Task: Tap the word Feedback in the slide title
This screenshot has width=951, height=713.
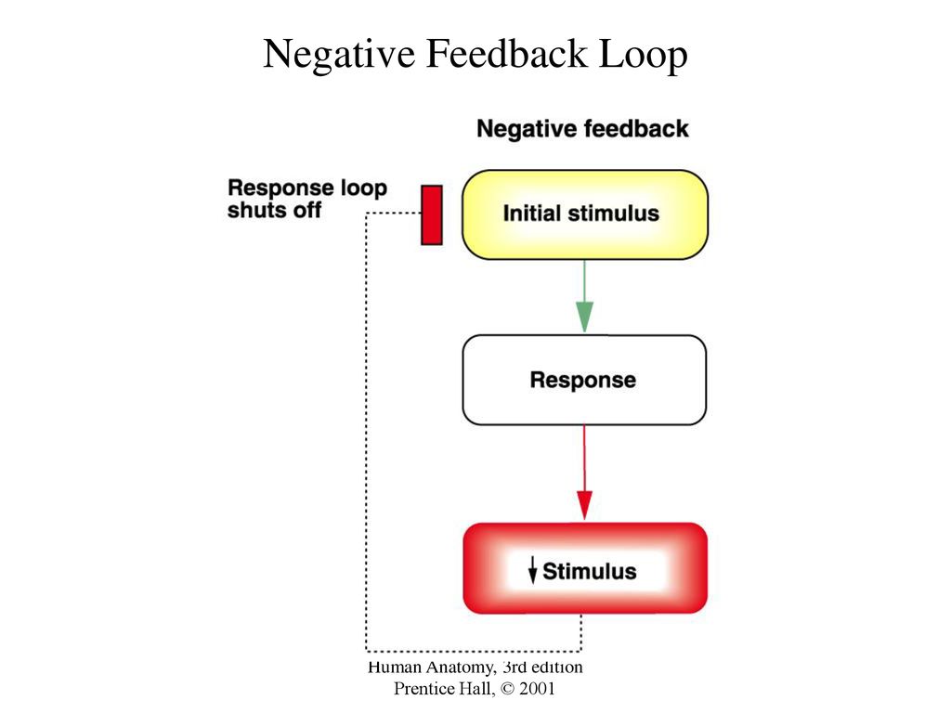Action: coord(507,53)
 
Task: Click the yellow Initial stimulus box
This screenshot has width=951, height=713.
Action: coord(585,214)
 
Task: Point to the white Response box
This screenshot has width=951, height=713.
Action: coord(584,380)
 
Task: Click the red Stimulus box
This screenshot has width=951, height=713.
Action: coord(585,568)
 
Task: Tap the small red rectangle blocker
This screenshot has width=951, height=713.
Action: coord(432,215)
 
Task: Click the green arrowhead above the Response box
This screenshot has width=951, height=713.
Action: coord(584,317)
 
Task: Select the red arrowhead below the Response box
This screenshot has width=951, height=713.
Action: coord(584,505)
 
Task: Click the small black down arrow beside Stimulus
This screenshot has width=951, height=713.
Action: coord(532,570)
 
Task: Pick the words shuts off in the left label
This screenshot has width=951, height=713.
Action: coord(274,210)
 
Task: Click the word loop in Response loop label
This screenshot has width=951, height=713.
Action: coord(364,188)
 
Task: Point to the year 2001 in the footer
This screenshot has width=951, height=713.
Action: coord(537,688)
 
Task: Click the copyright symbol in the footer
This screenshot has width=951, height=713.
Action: coord(508,689)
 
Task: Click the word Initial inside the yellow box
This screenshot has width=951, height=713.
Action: coord(531,214)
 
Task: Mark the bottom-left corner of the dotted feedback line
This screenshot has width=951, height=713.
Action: coord(366,651)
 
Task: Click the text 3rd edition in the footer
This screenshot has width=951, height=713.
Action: coord(542,667)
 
